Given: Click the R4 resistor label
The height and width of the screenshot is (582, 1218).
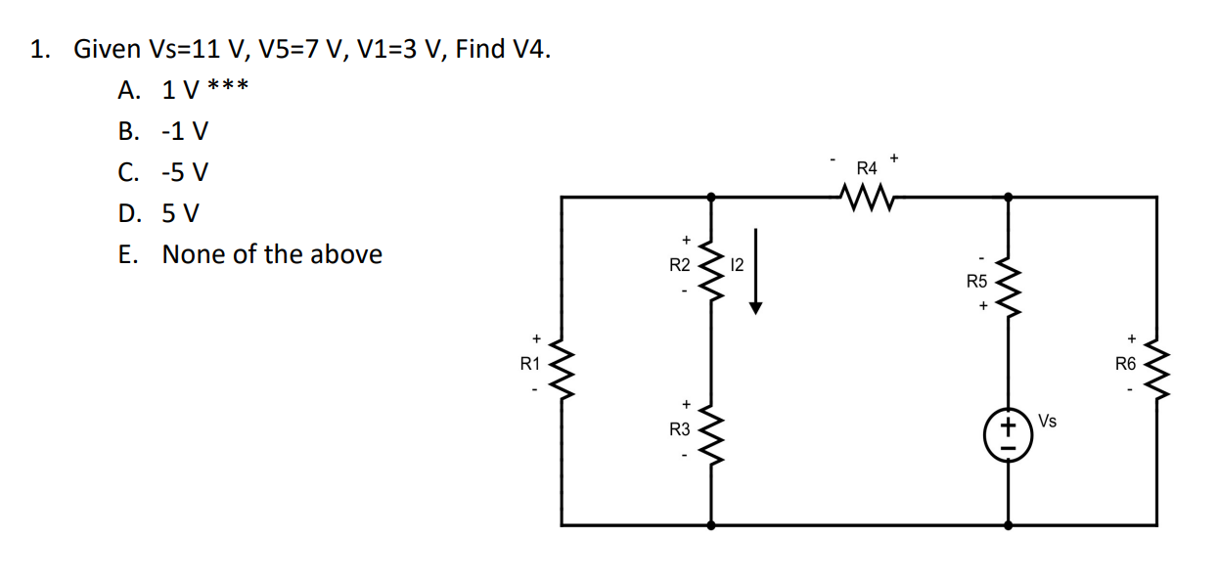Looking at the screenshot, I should tap(866, 168).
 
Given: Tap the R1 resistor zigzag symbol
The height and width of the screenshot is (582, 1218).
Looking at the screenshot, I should tap(564, 365).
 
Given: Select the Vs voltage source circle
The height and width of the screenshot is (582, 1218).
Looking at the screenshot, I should tap(1009, 429).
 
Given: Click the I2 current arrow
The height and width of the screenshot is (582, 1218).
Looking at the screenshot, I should tap(754, 271).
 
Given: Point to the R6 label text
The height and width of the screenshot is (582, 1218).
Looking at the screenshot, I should tap(1126, 365).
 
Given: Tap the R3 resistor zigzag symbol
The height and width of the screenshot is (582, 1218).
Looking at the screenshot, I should tap(711, 429).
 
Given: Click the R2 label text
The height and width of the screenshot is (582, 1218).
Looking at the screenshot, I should tap(680, 264).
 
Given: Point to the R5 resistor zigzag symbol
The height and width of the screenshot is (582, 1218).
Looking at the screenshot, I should tap(1009, 283).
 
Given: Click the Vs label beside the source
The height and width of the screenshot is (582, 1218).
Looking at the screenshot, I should tap(1047, 422).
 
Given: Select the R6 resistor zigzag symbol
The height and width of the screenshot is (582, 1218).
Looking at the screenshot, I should tap(1157, 365).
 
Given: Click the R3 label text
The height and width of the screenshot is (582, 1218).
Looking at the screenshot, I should tap(680, 429).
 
